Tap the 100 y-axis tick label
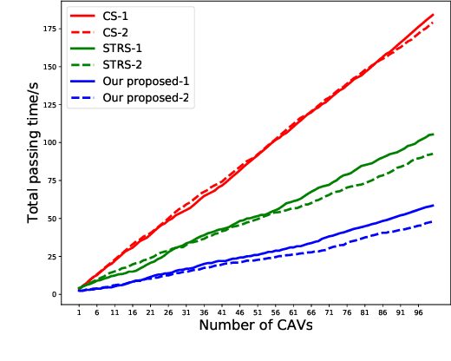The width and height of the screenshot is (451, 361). (x=59, y=142)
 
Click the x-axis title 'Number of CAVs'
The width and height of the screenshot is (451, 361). (x=256, y=327)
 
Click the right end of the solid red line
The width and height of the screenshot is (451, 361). (x=433, y=15)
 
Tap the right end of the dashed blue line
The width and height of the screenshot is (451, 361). (x=433, y=222)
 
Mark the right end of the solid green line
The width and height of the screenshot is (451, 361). (x=433, y=135)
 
